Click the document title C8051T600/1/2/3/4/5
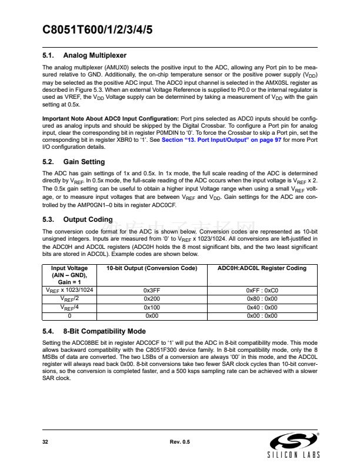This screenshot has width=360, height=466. coord(98,31)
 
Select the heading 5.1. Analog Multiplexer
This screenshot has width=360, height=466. coord(85,55)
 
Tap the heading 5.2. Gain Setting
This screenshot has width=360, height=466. coord(74,162)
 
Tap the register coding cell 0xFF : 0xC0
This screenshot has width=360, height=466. coord(262,291)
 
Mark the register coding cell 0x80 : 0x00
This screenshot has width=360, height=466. coord(262,299)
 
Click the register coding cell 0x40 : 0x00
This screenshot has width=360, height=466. coord(262,307)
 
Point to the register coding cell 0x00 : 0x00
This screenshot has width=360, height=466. coord(262,315)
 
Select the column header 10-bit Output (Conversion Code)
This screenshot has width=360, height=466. coord(151,268)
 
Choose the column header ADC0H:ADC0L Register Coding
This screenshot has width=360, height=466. coord(262,268)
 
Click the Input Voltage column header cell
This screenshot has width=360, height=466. coord(70,275)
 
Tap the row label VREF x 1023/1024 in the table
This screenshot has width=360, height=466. coord(70,291)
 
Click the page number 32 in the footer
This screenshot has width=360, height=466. coord(45,441)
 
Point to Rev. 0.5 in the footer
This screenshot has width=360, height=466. coord(179,441)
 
